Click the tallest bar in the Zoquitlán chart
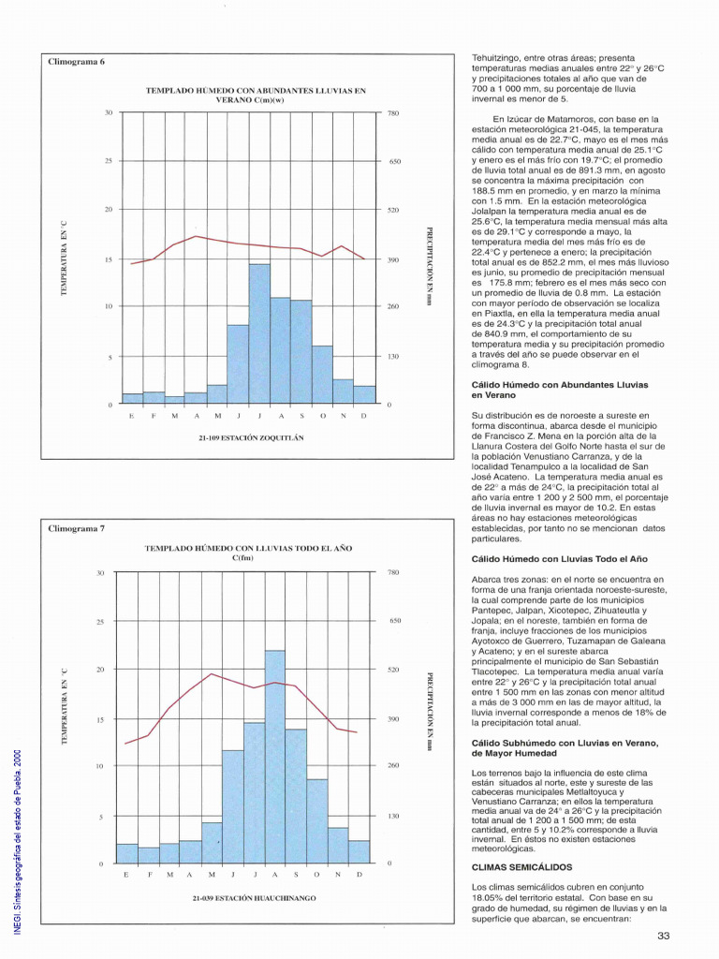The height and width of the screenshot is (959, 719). [x=259, y=334]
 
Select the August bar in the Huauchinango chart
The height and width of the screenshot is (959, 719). [x=275, y=757]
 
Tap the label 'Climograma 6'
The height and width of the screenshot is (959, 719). [x=77, y=62]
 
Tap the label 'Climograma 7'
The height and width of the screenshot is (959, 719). [x=77, y=528]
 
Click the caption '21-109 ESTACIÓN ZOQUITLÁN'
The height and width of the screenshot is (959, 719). [x=251, y=438]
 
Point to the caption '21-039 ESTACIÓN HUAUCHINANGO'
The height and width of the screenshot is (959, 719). [x=255, y=898]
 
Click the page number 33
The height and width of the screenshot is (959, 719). [x=664, y=936]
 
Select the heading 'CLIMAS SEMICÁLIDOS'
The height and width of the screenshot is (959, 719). [x=522, y=867]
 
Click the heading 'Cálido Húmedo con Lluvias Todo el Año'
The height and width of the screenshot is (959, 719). [x=560, y=559]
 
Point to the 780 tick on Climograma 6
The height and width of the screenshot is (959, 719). [x=393, y=113]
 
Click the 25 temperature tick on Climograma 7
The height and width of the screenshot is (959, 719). [x=101, y=622]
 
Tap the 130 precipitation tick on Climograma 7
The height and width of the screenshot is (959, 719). [x=394, y=816]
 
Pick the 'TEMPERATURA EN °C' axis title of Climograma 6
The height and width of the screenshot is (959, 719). [x=64, y=258]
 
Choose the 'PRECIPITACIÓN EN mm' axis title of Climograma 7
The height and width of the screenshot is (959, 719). [x=430, y=713]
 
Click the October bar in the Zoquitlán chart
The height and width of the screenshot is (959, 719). [x=322, y=375]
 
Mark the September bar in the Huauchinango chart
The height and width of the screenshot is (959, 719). [x=296, y=796]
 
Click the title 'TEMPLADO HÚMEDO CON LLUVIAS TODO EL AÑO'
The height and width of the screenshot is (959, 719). [x=248, y=548]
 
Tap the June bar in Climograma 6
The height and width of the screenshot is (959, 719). [x=238, y=364]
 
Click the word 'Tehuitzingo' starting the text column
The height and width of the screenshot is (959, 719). [x=492, y=58]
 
